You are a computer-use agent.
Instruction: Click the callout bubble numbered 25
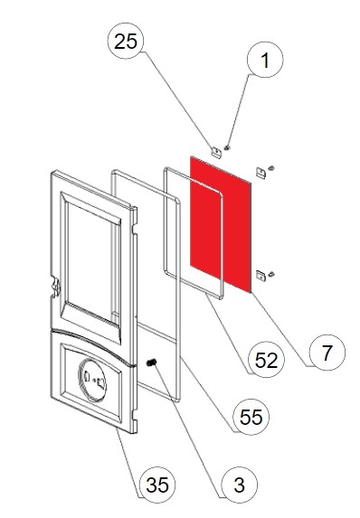point(126,41)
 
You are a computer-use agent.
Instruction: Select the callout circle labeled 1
point(265,60)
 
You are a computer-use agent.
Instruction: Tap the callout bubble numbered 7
point(327,353)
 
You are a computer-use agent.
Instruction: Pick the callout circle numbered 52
point(266,360)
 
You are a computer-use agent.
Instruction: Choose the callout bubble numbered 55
point(251,417)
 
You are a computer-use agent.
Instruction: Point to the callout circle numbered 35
point(157,485)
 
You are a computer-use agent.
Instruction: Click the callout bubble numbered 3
point(239,485)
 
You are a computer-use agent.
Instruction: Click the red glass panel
point(221,224)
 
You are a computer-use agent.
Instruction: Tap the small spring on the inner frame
point(151,363)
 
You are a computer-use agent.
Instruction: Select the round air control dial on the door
point(92,380)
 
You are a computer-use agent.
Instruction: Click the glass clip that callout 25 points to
point(216,153)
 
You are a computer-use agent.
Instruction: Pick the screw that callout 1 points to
point(227,147)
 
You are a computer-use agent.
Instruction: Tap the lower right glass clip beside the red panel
point(261,276)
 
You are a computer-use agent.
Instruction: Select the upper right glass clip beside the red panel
point(261,173)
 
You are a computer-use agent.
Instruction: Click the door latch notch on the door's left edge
point(56,286)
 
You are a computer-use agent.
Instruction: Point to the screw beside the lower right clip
point(272,274)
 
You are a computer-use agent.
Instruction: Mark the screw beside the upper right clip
point(272,168)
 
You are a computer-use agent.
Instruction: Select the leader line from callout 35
point(129,463)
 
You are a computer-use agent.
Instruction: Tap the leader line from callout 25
point(179,100)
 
